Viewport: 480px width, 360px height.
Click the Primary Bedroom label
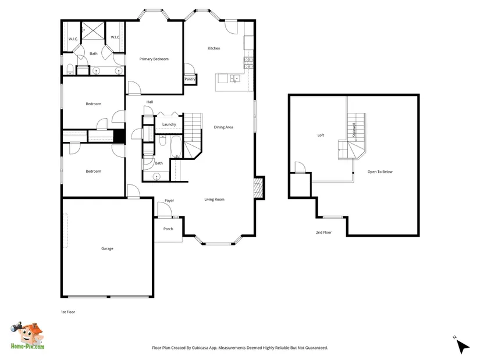pos(154,59)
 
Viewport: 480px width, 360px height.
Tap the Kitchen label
pos(214,48)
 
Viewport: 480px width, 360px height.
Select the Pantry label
pos(190,79)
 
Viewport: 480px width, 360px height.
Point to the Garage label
pos(107,248)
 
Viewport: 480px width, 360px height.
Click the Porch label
pos(168,229)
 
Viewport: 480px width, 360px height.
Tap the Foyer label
pos(169,201)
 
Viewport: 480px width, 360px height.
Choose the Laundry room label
pos(169,124)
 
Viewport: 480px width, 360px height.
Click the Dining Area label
pos(223,127)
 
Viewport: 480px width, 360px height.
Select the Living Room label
pos(214,199)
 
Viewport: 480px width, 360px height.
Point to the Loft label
pos(321,135)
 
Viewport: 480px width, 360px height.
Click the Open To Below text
pos(380,172)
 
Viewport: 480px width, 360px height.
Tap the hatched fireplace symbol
pos(259,188)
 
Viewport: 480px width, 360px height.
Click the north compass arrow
pos(463,347)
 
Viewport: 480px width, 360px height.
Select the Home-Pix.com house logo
pos(27,336)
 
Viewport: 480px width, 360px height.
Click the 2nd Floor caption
pos(323,233)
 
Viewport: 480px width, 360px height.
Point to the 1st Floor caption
pos(67,312)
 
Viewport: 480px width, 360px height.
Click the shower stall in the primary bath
pos(93,31)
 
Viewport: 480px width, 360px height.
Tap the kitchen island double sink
pos(235,79)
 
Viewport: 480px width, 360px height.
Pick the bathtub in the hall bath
pos(176,147)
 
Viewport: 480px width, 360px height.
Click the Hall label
pos(150,102)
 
